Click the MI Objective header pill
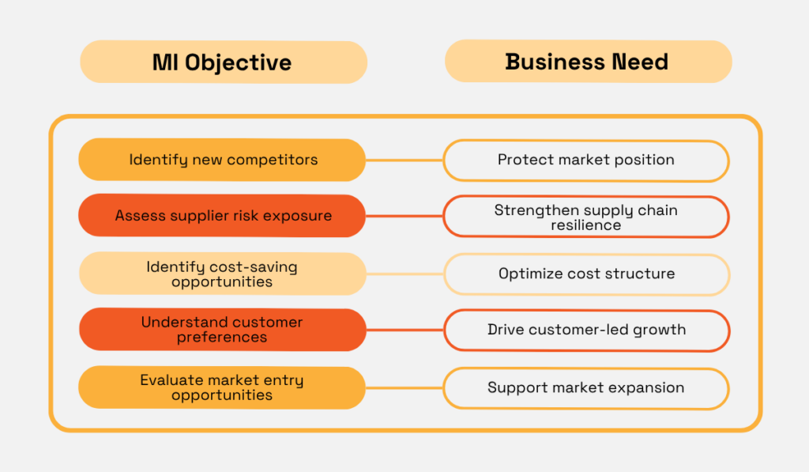point(223,62)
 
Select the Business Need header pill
point(587,62)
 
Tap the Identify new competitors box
point(222,160)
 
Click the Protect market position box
point(585,160)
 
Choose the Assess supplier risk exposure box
point(222,216)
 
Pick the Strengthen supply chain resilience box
point(585,217)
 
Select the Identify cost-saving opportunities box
point(222,274)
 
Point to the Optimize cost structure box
point(585,274)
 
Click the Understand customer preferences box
point(222,330)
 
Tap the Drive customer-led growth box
point(585,330)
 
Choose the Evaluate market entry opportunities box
point(222,387)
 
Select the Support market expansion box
point(585,388)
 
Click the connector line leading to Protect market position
point(404,160)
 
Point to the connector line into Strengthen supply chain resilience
point(404,217)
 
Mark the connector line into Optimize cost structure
point(404,274)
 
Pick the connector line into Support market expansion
point(404,388)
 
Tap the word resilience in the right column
point(585,225)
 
